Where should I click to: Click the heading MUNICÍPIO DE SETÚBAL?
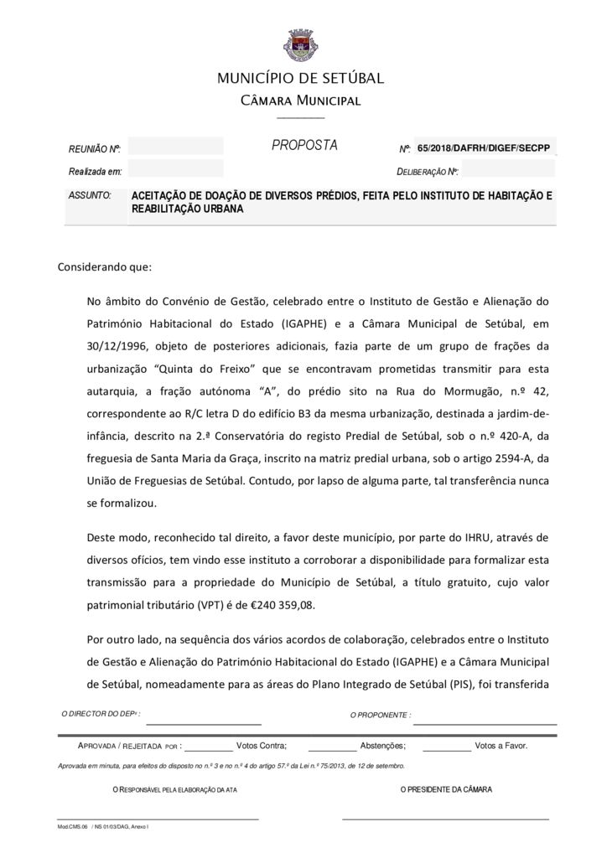coord(300,79)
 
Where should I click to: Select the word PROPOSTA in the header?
coord(304,146)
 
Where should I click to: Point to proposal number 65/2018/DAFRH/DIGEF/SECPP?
coord(485,147)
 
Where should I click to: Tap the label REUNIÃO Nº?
coord(95,149)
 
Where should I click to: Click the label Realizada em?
coord(96,171)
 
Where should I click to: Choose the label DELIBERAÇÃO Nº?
coord(428,172)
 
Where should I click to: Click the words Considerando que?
coord(104,268)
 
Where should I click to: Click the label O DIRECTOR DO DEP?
coord(101,714)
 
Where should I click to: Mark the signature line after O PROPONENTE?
coord(485,722)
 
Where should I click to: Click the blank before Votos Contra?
coord(208,746)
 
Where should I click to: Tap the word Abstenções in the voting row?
coord(383,745)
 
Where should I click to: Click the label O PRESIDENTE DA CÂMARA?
coord(446,789)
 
